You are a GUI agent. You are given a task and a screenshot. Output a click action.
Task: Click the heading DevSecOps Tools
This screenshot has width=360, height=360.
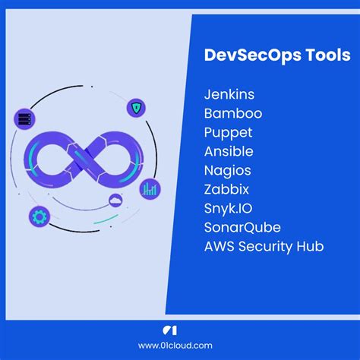coord(276,56)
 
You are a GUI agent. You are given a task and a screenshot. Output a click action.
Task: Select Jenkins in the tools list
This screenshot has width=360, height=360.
coord(229,95)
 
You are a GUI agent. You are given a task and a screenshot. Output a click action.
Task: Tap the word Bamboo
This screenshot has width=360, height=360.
coord(232,114)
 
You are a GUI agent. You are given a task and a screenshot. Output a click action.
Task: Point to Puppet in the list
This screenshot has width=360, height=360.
coord(228,133)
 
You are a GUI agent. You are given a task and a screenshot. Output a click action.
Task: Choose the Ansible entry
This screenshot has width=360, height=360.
coord(229,151)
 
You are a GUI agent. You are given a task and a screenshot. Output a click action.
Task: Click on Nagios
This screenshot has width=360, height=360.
coord(227,170)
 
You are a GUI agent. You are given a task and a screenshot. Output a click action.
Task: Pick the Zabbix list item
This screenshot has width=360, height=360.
coord(226,189)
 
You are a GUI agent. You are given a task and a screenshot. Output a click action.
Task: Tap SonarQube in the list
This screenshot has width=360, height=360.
coord(242,227)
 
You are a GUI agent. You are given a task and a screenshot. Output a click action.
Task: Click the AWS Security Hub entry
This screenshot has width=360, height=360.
coord(264,246)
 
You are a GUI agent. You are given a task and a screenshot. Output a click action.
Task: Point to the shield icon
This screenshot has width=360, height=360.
coord(137,107)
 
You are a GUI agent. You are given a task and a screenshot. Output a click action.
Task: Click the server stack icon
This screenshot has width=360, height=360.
coord(24,118)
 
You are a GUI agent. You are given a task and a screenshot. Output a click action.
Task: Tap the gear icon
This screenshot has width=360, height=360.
coord(39,216)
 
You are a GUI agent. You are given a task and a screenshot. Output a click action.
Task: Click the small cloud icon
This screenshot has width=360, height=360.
coord(115,200)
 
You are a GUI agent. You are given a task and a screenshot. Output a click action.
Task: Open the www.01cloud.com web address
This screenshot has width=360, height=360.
coord(180,346)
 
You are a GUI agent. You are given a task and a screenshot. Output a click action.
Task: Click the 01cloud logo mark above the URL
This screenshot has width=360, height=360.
coord(180,330)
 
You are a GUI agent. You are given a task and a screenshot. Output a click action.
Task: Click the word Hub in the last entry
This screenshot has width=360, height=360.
coord(310,246)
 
